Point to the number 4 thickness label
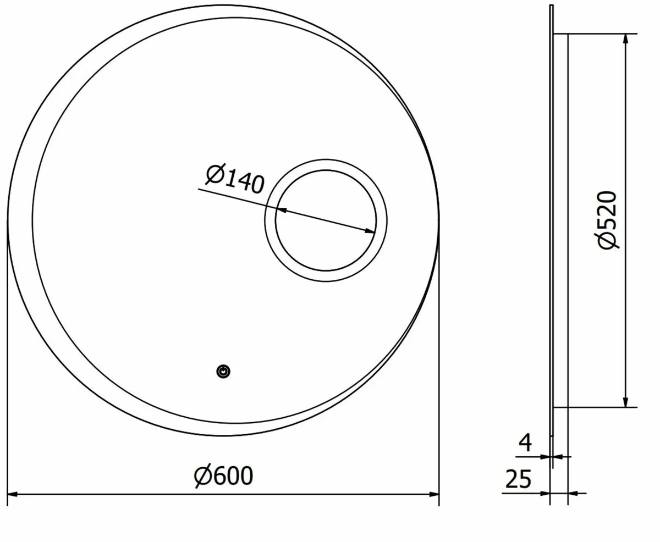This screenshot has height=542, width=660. click(526, 443)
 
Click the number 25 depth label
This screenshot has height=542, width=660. click(519, 480)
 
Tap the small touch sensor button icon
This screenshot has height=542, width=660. click(223, 372)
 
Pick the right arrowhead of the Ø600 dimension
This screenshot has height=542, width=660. click(434, 495)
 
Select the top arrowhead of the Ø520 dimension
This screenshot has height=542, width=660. click(625, 40)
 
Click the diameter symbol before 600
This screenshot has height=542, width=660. click(203, 475)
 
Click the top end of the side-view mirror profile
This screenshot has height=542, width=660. click(551, 7)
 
